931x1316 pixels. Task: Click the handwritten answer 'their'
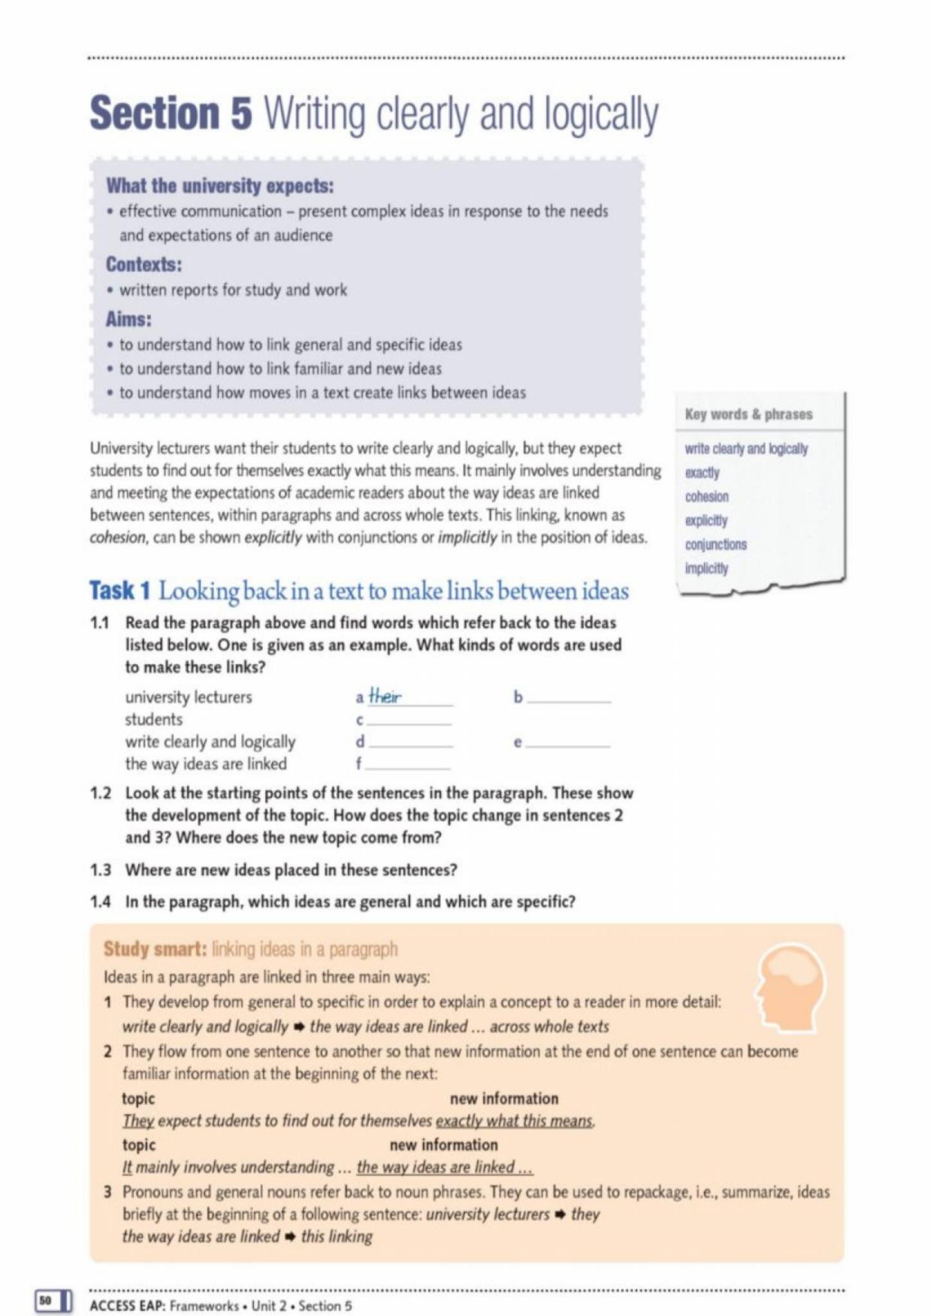point(385,697)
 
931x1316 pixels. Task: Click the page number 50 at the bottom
point(44,1300)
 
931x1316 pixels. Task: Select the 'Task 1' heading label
point(120,591)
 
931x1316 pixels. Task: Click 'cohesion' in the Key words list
point(707,497)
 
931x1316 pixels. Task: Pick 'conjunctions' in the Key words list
point(716,544)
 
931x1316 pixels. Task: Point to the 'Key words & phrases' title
point(748,414)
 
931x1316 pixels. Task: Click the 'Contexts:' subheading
point(144,264)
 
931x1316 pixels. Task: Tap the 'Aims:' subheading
point(129,319)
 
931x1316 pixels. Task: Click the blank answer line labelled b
point(569,699)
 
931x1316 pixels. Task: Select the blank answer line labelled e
point(569,744)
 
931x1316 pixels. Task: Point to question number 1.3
point(100,870)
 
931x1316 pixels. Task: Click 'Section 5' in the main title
point(171,114)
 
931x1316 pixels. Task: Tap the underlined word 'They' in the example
point(138,1121)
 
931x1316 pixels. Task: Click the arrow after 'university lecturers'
point(559,1214)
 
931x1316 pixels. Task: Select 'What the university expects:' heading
point(220,186)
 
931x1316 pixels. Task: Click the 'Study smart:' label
point(154,949)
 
